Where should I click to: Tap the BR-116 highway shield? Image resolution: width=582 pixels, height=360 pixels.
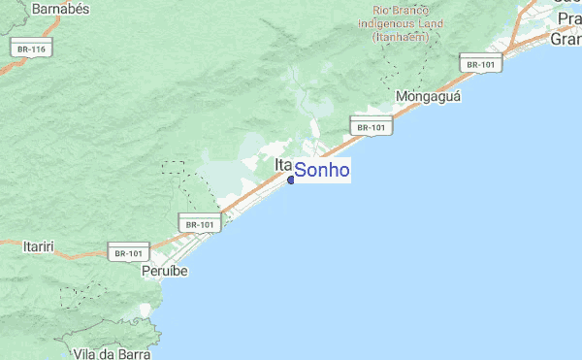[x=31, y=48]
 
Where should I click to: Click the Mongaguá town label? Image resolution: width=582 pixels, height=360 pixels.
[x=428, y=97]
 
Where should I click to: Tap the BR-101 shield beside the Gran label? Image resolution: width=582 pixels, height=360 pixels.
[x=480, y=64]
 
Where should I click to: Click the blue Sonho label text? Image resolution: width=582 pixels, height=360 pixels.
[x=321, y=171]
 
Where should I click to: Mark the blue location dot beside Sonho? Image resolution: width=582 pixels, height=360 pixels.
[x=291, y=180]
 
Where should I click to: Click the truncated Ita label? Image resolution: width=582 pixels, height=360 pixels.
[x=283, y=165]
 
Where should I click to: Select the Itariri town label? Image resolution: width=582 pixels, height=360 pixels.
[x=38, y=246]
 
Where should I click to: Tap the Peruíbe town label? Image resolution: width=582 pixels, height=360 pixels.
[x=164, y=271]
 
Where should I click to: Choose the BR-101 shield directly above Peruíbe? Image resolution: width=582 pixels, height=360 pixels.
[x=128, y=252]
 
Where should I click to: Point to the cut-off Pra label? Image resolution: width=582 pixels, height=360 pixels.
[x=568, y=18]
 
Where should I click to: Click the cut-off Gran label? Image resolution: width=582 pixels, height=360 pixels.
[x=566, y=40]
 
